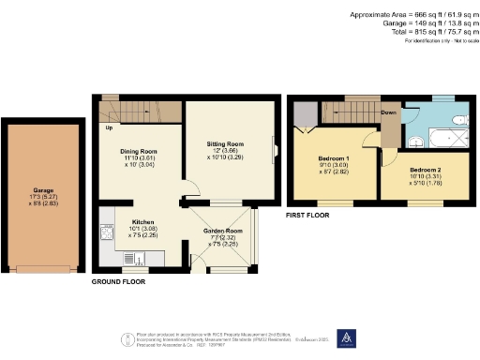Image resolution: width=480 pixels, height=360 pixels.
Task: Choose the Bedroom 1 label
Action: (x=335, y=159)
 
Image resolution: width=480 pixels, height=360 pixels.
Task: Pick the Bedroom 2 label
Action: (x=415, y=149)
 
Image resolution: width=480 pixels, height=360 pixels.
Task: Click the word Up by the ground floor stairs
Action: (x=110, y=128)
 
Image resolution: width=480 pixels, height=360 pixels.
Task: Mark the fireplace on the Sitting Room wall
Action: (x=276, y=149)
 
